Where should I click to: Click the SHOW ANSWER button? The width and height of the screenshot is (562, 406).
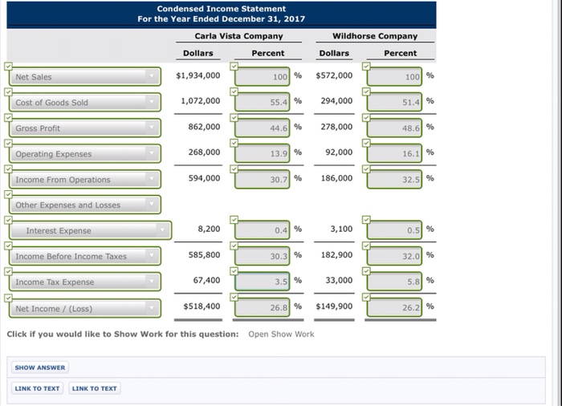pyautogui.click(x=40, y=367)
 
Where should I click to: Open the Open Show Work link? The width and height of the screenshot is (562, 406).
pyautogui.click(x=281, y=334)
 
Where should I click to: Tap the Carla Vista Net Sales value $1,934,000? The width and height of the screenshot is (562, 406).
pyautogui.click(x=198, y=76)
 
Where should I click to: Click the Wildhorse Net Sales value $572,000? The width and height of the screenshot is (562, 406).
pyautogui.click(x=334, y=76)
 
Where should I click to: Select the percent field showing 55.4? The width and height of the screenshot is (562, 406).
pyautogui.click(x=265, y=103)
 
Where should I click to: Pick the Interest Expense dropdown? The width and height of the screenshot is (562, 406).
pyautogui.click(x=90, y=231)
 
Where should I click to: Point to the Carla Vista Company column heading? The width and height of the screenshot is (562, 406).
pyautogui.click(x=238, y=36)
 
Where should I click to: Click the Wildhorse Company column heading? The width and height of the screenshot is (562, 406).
pyautogui.click(x=375, y=36)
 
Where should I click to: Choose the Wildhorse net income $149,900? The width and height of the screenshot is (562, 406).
pyautogui.click(x=334, y=307)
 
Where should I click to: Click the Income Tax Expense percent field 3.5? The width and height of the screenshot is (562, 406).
pyautogui.click(x=265, y=282)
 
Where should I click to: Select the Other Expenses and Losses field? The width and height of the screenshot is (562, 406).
pyautogui.click(x=85, y=205)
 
